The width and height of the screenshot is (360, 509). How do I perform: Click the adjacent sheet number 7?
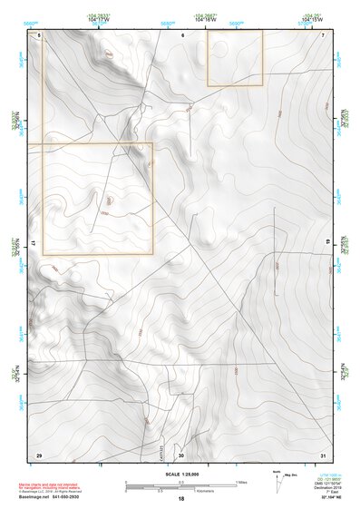click(323, 34)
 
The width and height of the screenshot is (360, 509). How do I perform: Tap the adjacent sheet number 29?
click(38, 455)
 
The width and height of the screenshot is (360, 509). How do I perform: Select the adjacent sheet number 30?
click(181, 455)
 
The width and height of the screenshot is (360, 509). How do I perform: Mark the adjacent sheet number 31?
click(323, 455)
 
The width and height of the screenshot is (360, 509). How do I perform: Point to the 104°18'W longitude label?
click(205, 18)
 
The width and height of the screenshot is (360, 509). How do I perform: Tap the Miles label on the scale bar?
click(241, 481)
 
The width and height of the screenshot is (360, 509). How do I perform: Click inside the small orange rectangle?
click(234, 58)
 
